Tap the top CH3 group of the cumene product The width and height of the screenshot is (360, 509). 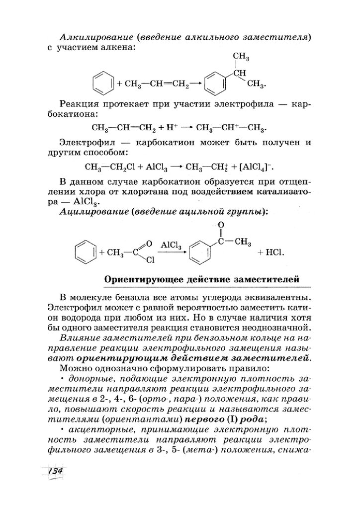point(241,58)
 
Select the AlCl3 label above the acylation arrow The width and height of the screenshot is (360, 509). point(171,245)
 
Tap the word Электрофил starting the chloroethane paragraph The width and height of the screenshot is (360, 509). point(86,142)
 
